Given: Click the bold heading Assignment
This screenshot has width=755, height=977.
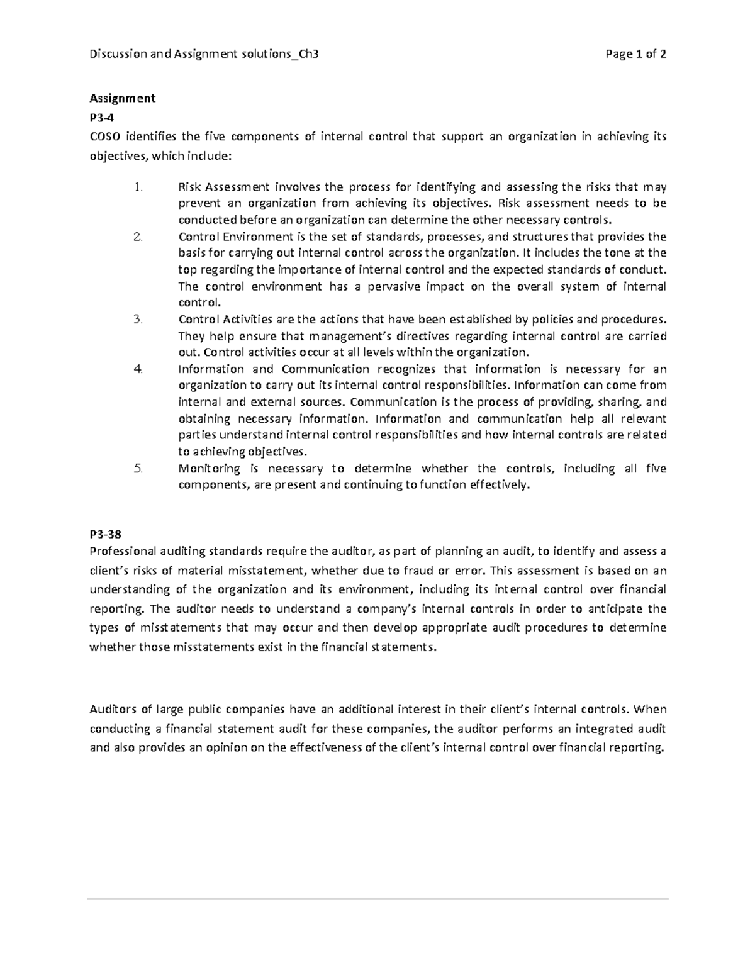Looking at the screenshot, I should point(122,98).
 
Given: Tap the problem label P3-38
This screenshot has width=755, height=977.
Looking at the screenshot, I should point(105,534).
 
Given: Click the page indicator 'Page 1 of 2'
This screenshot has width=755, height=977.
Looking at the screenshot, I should point(635,54).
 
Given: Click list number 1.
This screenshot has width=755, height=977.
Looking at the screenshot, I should point(138,187).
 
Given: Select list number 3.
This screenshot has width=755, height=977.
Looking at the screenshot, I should point(138,319).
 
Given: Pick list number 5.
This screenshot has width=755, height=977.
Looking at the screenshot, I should point(138,469).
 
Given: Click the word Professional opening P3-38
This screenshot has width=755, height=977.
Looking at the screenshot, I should point(123,552).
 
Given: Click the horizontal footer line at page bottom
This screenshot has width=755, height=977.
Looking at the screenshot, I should point(377,900).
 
